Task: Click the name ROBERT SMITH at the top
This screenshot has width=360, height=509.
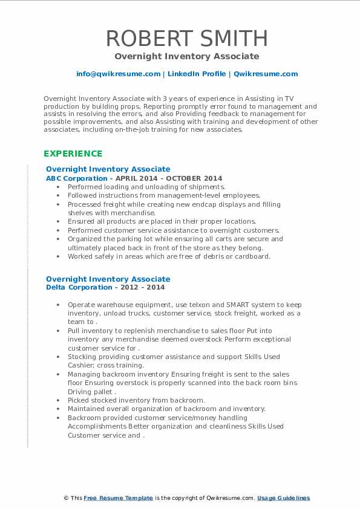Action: [x=187, y=38]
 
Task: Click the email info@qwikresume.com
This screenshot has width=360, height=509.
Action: [x=118, y=74]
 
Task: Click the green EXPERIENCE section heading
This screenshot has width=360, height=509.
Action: [x=73, y=154]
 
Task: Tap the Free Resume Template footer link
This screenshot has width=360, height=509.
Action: [x=118, y=498]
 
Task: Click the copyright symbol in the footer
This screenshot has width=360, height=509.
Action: [x=66, y=498]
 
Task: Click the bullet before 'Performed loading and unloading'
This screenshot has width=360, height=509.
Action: [x=57, y=187]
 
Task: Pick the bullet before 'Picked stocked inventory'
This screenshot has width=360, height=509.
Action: [x=57, y=400]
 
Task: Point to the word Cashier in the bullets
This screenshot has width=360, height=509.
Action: [x=80, y=365]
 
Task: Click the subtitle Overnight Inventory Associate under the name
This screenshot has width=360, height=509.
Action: [x=187, y=56]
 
